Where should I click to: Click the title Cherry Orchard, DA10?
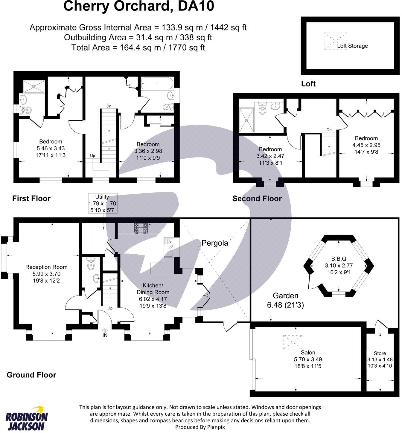coord(138,7)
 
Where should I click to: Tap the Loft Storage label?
coord(352,46)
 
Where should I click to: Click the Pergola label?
coord(215,243)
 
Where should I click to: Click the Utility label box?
coord(102,203)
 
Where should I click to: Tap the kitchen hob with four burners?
coord(141,228)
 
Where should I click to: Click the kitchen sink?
coord(168,247)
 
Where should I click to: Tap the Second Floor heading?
coord(257,199)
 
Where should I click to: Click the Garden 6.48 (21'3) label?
coord(285,300)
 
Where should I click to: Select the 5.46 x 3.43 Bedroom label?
coord(51,148)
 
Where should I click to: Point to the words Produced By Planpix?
coord(200,427)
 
